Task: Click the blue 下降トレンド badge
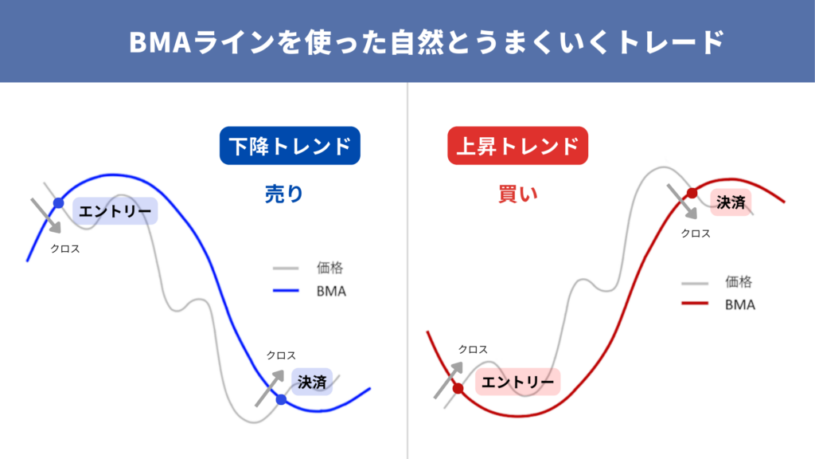coord(290,146)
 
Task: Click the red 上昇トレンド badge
coord(517,146)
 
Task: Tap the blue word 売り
coord(284,194)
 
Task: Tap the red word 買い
coord(517,194)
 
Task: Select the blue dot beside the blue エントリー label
coord(59,203)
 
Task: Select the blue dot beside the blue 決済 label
coord(281,400)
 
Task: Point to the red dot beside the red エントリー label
coord(458,388)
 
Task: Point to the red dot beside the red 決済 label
coord(692,194)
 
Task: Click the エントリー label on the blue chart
coord(115,211)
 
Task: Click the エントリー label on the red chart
coord(517,382)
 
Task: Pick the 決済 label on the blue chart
coord(312,382)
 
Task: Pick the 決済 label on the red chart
coord(731,202)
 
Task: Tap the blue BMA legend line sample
coord(286,290)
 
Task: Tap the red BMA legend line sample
coord(695,303)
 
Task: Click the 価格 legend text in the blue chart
coord(330,268)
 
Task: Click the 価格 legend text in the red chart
coord(739,282)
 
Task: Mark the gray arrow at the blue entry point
coord(45,215)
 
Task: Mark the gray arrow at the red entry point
coord(448,380)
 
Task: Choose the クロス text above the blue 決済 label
coord(281,355)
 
